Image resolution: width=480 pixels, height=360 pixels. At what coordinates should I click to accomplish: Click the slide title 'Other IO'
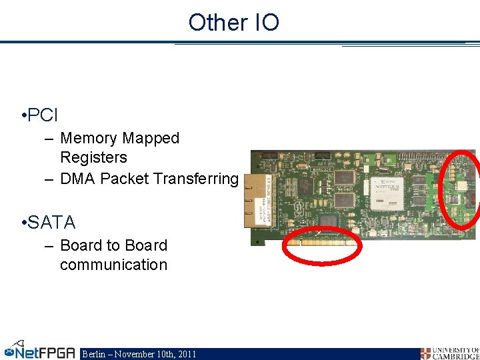pos(233,22)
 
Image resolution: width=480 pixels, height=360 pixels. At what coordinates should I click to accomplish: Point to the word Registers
pos(93,157)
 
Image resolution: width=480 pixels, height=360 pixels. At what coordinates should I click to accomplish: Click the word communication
pos(113,265)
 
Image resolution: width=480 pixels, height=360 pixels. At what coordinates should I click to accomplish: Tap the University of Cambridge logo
pos(449,353)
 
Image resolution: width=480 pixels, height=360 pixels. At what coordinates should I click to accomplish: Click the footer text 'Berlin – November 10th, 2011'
pos(139,354)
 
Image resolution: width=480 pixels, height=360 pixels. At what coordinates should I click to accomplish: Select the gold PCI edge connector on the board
pos(323,243)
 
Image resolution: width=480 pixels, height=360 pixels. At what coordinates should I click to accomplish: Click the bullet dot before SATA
pos(23,223)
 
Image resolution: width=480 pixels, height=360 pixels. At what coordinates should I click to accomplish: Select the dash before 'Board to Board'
pos(49,245)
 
